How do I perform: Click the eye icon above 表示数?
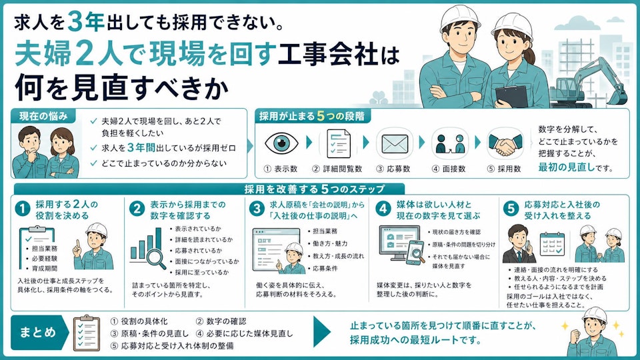[281, 143]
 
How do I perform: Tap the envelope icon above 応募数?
[394, 144]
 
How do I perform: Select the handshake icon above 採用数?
[505, 145]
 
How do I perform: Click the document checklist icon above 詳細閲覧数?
[339, 143]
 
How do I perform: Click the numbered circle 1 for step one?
[23, 209]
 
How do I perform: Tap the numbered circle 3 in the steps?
[257, 209]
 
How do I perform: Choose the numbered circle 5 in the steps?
[511, 209]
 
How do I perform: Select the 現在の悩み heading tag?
[43, 116]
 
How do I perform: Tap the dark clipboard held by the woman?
[511, 97]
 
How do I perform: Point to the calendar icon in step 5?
[552, 244]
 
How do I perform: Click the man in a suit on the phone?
[519, 244]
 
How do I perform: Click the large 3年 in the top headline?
[86, 21]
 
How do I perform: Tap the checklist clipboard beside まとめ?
[87, 333]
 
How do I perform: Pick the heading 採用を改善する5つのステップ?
[314, 189]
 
